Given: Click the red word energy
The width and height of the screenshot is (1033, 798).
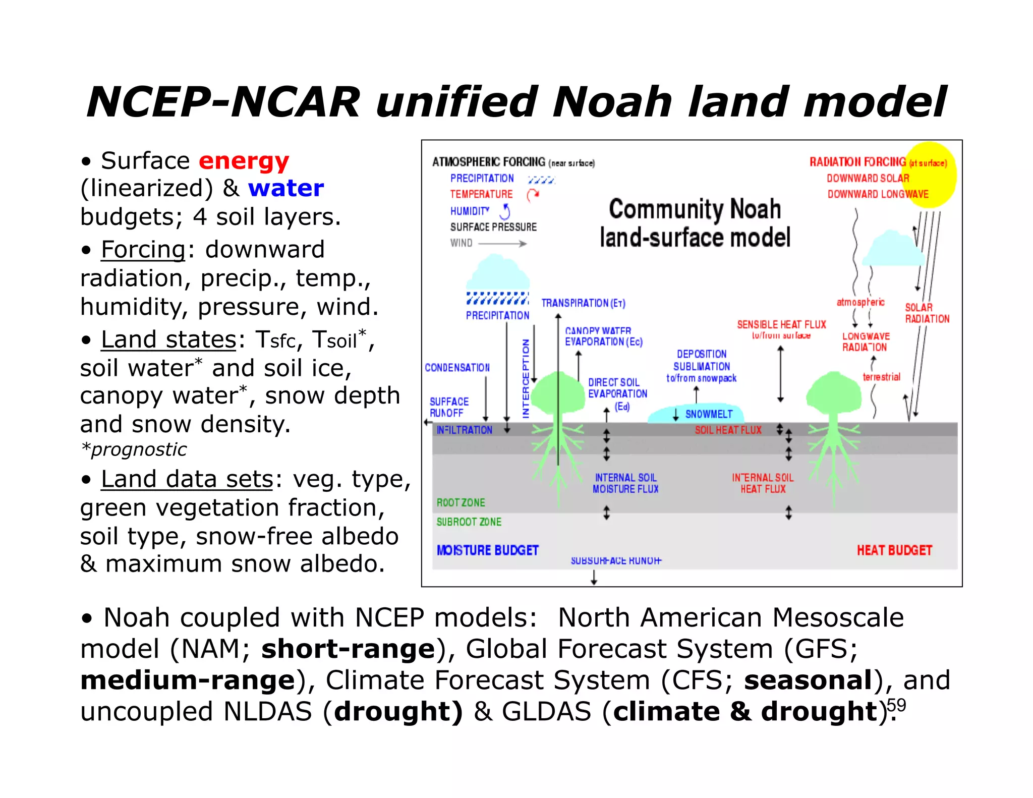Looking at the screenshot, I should tap(244, 161).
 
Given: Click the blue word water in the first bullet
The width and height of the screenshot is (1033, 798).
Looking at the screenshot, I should tap(285, 188).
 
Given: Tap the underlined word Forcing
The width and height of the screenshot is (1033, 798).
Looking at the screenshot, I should tap(143, 249).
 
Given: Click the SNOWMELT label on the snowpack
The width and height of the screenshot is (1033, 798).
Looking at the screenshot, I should tap(708, 414).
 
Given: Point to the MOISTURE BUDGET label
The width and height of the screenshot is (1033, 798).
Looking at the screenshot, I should tap(487, 550).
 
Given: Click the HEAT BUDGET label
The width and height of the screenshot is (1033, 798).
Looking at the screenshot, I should tap(894, 550).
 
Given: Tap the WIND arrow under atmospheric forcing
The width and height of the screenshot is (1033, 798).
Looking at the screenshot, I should tap(502, 244).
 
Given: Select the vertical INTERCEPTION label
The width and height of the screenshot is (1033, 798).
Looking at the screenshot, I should tap(525, 378).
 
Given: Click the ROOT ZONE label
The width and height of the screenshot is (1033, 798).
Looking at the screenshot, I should tap(461, 502).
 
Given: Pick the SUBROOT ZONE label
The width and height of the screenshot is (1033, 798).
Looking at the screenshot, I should tap(469, 522).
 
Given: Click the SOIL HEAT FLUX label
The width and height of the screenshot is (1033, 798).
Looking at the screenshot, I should tap(727, 430).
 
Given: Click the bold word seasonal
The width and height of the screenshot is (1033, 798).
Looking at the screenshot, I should tap(808, 680).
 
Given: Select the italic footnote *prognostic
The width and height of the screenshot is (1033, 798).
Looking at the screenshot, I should tap(134, 449).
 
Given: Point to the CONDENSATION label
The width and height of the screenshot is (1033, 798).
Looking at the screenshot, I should tap(457, 367).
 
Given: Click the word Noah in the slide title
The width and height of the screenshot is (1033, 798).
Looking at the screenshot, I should tap(612, 102).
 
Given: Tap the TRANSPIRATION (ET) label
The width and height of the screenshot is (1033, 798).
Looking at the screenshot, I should tap(583, 303).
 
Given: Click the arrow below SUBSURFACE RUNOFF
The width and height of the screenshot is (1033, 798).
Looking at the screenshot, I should tap(594, 577).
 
